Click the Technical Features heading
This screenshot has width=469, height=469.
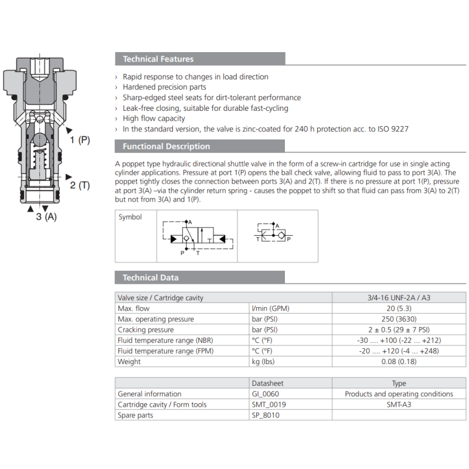pos(158,59)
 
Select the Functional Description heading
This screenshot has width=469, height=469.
pos(166,147)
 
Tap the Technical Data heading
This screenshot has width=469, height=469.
pos(151,277)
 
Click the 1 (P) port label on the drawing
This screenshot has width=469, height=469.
pos(80,140)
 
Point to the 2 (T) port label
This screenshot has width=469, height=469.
pos(80,185)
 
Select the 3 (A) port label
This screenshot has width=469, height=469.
pos(46,217)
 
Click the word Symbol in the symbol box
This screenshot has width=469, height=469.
pos(130,217)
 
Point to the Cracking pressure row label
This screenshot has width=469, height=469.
pos(145,329)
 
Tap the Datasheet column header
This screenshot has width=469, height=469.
pos(267,383)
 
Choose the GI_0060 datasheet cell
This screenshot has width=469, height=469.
pos(265,394)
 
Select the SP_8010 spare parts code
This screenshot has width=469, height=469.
pos(265,415)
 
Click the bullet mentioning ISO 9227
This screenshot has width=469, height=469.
pos(266,129)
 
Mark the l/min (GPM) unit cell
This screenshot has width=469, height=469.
pos(270,308)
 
